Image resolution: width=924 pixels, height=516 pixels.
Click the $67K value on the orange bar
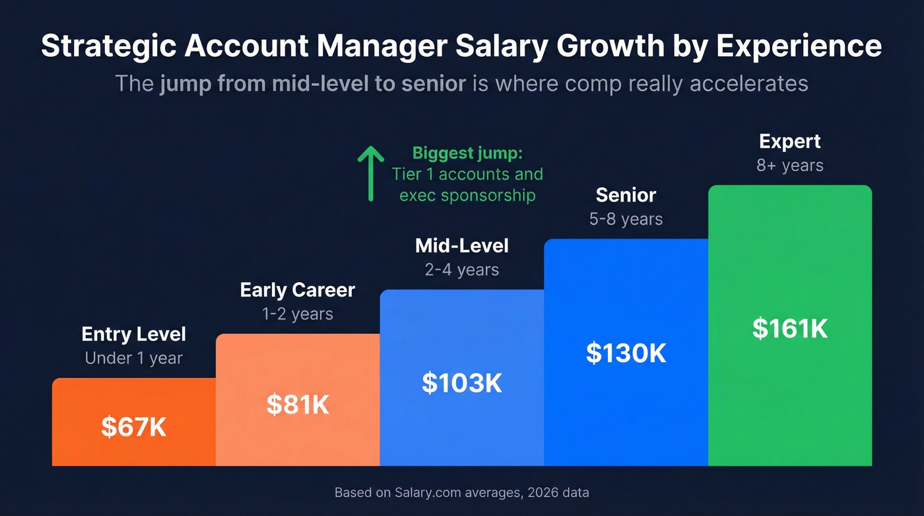pos(134,427)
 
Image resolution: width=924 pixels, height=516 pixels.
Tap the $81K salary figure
pos(298,404)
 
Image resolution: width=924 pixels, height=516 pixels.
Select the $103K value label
pos(462,383)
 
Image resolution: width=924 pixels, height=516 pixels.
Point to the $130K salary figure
pos(626,353)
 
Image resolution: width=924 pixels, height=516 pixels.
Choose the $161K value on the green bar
pos(790,328)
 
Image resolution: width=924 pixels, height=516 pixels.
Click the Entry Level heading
pos(134,334)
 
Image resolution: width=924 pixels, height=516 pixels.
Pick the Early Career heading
pos(298,290)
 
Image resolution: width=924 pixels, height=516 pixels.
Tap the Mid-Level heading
pos(462,246)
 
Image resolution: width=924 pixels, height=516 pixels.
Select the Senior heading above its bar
pos(626,195)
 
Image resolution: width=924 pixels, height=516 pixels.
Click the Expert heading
pos(790,141)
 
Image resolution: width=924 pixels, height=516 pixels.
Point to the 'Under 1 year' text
pos(134,358)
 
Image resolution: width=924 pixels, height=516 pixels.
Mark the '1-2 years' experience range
pos(298,314)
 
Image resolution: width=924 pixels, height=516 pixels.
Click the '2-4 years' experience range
pos(462,270)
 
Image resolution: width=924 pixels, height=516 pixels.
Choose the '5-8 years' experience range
pos(626,219)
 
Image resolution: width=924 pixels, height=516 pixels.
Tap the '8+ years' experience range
pos(790,165)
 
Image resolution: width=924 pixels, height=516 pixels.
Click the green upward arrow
pos(371,174)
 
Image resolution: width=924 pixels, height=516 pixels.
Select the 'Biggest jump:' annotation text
pos(467,153)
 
